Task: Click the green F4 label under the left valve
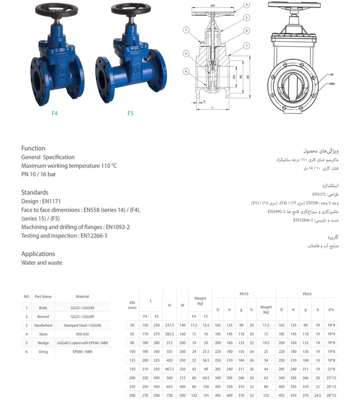tap(54, 113)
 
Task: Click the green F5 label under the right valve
tap(131, 113)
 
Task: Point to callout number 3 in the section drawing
tap(247, 5)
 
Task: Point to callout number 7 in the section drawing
tap(186, 29)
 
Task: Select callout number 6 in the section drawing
tap(186, 71)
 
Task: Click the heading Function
tap(33, 149)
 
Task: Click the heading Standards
tap(35, 193)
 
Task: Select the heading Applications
tap(38, 254)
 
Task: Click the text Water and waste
tap(41, 263)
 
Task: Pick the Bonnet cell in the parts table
tap(42, 316)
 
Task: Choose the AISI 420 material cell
tap(82, 334)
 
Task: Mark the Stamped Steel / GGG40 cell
tap(82, 325)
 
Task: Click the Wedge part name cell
tap(42, 343)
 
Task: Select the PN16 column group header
tap(307, 294)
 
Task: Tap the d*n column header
tap(331, 310)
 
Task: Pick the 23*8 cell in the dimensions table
tap(331, 369)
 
